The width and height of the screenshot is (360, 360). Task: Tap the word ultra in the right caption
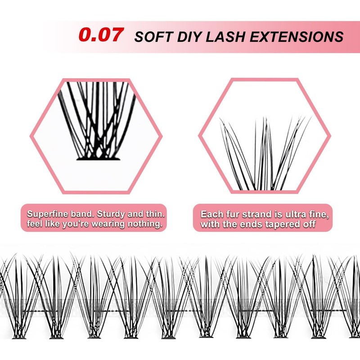pyautogui.click(x=301, y=214)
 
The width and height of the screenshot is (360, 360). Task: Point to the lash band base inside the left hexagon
pyautogui.click(x=97, y=158)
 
